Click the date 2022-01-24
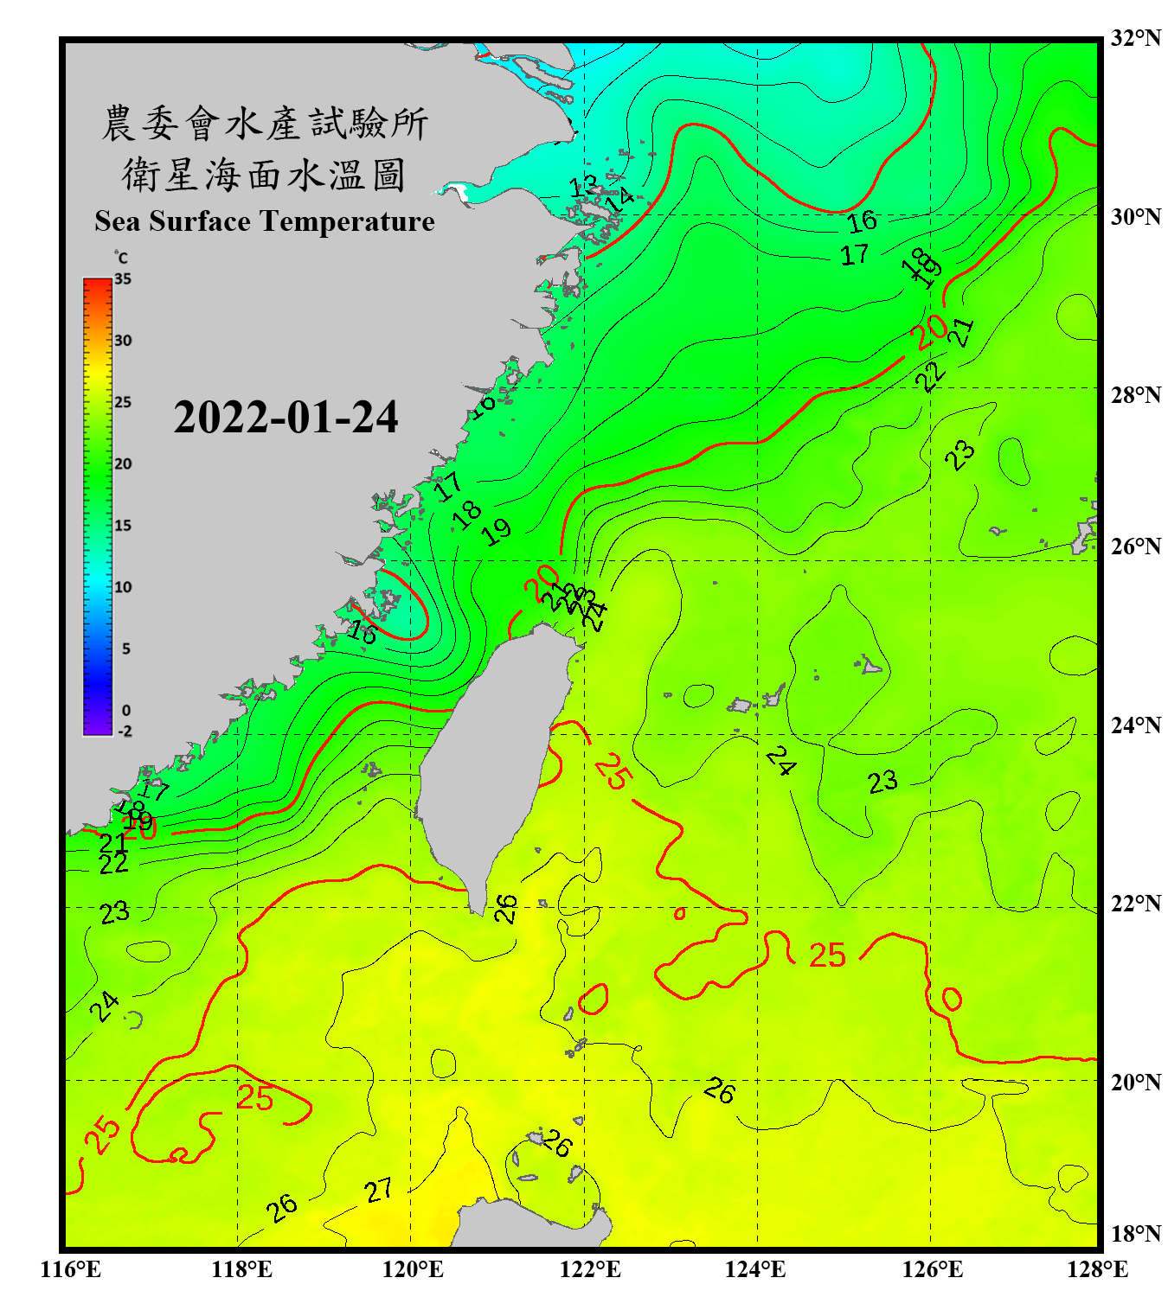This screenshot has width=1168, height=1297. pyautogui.click(x=286, y=418)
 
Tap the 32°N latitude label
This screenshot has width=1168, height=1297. pyautogui.click(x=1135, y=37)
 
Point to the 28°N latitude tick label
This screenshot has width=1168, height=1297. pyautogui.click(x=1135, y=394)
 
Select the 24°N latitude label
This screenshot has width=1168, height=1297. pyautogui.click(x=1135, y=725)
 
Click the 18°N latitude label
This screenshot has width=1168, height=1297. pyautogui.click(x=1135, y=1234)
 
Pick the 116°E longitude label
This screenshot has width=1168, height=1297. pyautogui.click(x=71, y=1269)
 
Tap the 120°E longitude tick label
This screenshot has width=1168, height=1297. pyautogui.click(x=413, y=1269)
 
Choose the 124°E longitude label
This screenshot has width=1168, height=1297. pyautogui.click(x=755, y=1269)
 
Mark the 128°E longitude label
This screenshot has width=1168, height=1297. pyautogui.click(x=1097, y=1269)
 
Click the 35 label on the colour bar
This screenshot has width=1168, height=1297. pyautogui.click(x=123, y=278)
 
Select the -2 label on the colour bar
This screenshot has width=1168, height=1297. pyautogui.click(x=125, y=732)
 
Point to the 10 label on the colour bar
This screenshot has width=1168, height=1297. pyautogui.click(x=123, y=587)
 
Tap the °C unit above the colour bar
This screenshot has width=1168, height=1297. pyautogui.click(x=121, y=258)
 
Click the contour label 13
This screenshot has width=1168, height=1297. pyautogui.click(x=583, y=185)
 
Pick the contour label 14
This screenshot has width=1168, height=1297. pyautogui.click(x=619, y=201)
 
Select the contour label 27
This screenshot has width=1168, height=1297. pyautogui.click(x=378, y=1191)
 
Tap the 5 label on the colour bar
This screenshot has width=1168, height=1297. pyautogui.click(x=126, y=648)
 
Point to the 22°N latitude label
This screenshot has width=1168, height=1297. pyautogui.click(x=1135, y=904)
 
